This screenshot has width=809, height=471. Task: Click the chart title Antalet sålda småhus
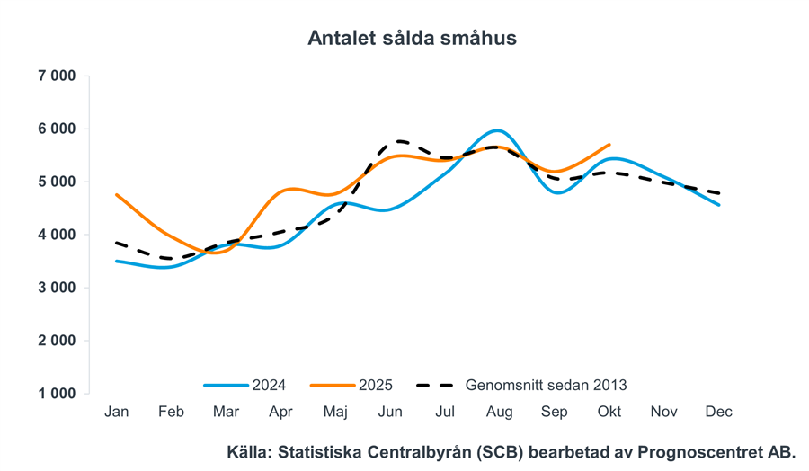(x=412, y=38)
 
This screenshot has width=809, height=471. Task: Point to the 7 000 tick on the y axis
(x=57, y=76)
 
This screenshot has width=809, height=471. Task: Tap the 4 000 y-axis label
(x=57, y=235)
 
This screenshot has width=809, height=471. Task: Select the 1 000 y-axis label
(x=57, y=394)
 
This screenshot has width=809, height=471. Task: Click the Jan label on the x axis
(x=117, y=412)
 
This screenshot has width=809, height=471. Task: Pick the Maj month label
(x=335, y=412)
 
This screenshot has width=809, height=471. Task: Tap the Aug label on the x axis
(x=499, y=412)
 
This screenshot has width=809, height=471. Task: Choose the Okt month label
(x=609, y=412)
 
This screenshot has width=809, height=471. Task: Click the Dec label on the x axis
(x=718, y=412)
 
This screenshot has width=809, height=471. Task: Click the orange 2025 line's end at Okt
(x=609, y=144)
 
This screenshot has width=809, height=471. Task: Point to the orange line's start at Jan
(x=117, y=194)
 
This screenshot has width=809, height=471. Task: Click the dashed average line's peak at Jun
(x=396, y=141)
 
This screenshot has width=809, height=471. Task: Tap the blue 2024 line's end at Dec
(x=718, y=205)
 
